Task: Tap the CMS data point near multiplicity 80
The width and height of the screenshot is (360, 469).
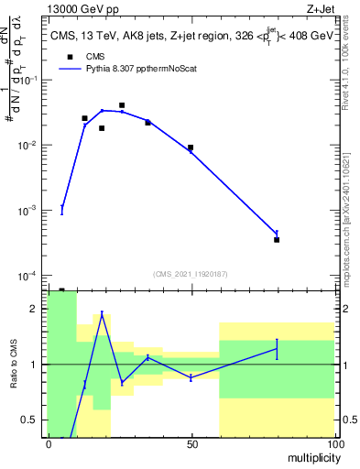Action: [x=277, y=239]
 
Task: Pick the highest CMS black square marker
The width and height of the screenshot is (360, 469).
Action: [x=122, y=105]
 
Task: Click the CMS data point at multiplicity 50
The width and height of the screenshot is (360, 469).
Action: [x=191, y=147]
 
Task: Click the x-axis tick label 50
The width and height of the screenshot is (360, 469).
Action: [x=191, y=444]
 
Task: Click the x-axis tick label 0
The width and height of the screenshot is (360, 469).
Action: [x=49, y=444]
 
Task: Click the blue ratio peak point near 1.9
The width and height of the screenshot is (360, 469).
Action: [x=102, y=314]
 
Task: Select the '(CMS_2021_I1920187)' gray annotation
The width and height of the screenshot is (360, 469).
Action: [x=191, y=273]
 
